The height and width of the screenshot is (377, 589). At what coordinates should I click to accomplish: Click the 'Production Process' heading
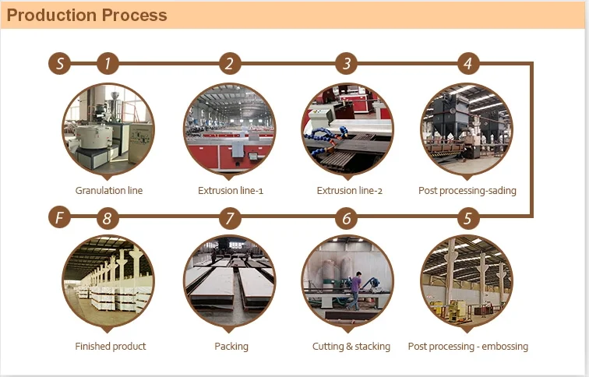86,15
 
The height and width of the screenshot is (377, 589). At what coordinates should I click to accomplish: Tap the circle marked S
59,63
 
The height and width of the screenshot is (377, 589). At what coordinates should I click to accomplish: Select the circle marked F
59,217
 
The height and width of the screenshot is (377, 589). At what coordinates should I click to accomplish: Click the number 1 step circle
108,63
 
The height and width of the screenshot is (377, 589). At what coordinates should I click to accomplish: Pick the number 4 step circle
468,63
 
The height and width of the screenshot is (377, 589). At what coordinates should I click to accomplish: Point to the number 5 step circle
468,218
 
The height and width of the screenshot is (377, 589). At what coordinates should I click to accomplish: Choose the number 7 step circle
230,218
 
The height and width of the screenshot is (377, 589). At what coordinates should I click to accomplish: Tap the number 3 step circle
347,63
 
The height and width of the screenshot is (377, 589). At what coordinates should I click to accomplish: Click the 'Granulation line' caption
109,190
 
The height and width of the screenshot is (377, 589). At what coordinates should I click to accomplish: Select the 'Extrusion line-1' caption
231,190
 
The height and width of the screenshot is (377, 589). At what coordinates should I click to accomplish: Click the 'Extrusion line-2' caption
349,190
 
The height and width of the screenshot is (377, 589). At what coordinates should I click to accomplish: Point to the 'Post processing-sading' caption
467,190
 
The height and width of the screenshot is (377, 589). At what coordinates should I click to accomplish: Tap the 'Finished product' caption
111,346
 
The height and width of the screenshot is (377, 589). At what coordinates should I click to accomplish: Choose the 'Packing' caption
231,346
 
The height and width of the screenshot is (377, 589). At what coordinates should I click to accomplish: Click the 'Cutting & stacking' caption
351,346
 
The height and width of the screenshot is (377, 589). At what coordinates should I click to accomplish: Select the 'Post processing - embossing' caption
468,346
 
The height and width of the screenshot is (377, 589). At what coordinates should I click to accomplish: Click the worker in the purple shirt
355,291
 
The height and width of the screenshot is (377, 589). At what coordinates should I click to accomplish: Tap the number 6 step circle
347,218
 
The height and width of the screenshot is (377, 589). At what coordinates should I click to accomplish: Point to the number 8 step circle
108,218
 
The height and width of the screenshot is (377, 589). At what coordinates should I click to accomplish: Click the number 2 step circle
230,63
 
